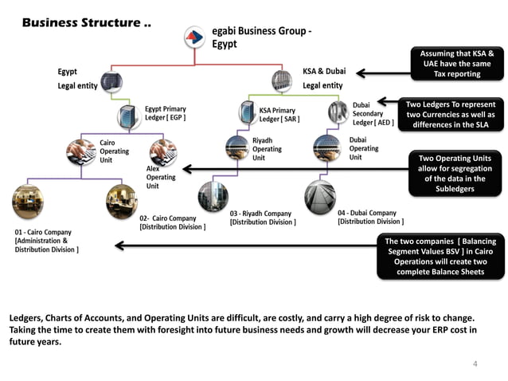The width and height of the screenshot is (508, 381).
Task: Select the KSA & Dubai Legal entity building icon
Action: coord(282,80)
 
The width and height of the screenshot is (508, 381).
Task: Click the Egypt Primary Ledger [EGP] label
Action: coord(166,114)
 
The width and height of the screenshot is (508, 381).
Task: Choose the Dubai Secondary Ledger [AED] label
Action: coord(373,113)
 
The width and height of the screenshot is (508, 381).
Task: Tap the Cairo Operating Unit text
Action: coord(112,151)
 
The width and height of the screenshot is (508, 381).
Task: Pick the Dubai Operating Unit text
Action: coord(364,148)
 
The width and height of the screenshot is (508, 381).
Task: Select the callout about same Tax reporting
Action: coord(456,64)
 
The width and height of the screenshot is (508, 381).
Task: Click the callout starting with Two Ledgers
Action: coord(451,115)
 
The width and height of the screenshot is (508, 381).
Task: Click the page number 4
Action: coord(475,364)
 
